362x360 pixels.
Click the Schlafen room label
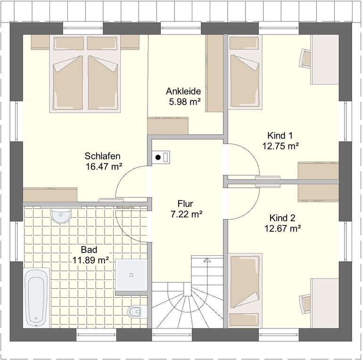(x=102, y=156)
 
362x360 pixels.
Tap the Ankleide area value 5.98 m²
(x=184, y=101)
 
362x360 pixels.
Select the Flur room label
(x=185, y=204)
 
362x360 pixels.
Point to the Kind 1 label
(x=280, y=135)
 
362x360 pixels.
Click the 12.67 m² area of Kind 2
(x=282, y=229)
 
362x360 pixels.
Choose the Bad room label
(x=89, y=250)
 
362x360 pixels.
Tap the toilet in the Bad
(x=137, y=312)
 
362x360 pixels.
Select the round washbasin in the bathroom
(x=61, y=215)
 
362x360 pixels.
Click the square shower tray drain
(x=131, y=275)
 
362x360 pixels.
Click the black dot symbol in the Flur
(x=158, y=157)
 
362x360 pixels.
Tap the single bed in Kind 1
(x=245, y=72)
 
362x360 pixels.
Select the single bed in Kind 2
(x=245, y=290)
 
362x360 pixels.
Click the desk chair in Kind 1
(x=305, y=58)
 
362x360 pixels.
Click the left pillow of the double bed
(x=68, y=43)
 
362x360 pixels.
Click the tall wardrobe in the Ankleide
(x=214, y=73)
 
